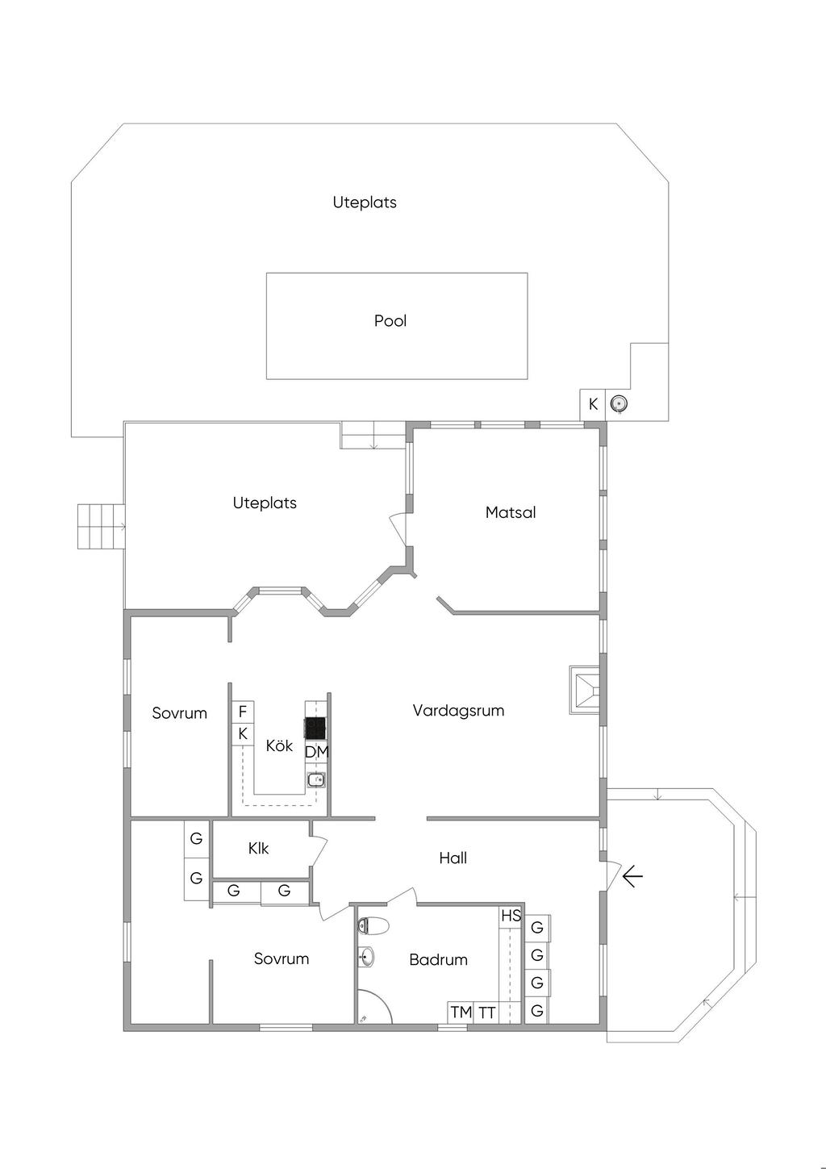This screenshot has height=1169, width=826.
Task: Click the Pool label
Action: coord(390,320)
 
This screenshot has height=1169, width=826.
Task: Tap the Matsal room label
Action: coord(511,512)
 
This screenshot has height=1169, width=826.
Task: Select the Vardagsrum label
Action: coord(458,710)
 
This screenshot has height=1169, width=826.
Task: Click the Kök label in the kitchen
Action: coord(279,745)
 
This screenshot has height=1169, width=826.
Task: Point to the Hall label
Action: coord(453,858)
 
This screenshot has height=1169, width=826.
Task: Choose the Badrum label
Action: coord(438,959)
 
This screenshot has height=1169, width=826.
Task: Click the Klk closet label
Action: coord(258,848)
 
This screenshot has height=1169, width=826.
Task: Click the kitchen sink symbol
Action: coord(315,779)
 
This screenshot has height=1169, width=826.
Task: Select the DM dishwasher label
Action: coord(317,752)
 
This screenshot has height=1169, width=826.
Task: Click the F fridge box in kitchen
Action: coord(243,712)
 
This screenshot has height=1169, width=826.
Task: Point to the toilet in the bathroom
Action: coord(373,926)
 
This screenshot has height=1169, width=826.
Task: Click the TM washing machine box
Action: coord(461,1012)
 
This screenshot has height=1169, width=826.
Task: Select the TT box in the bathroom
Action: coord(487,1012)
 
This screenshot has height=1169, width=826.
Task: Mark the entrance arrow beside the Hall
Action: coord(632,876)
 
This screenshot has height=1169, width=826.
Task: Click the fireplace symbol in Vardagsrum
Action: coord(585,690)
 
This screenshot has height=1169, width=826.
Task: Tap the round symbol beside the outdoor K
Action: coord(619,403)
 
